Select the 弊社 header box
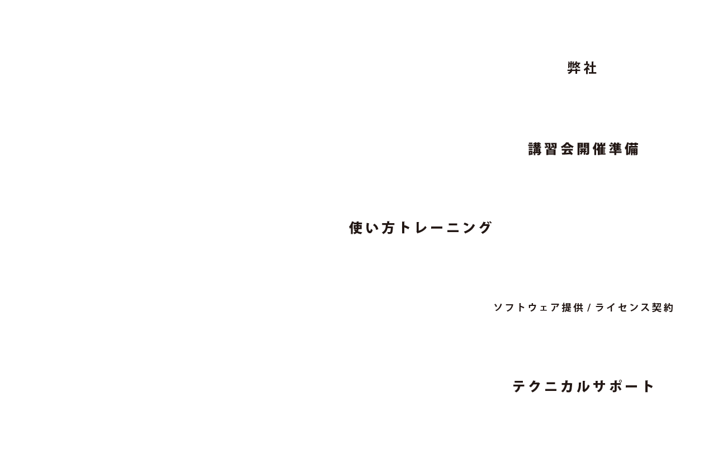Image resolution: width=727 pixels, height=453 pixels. point(583,69)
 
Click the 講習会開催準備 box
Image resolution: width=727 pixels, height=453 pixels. point(583,148)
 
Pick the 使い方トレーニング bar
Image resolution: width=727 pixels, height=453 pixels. point(421,228)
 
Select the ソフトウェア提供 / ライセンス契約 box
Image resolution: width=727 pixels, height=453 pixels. point(583,307)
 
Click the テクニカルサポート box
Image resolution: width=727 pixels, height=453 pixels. point(583,386)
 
